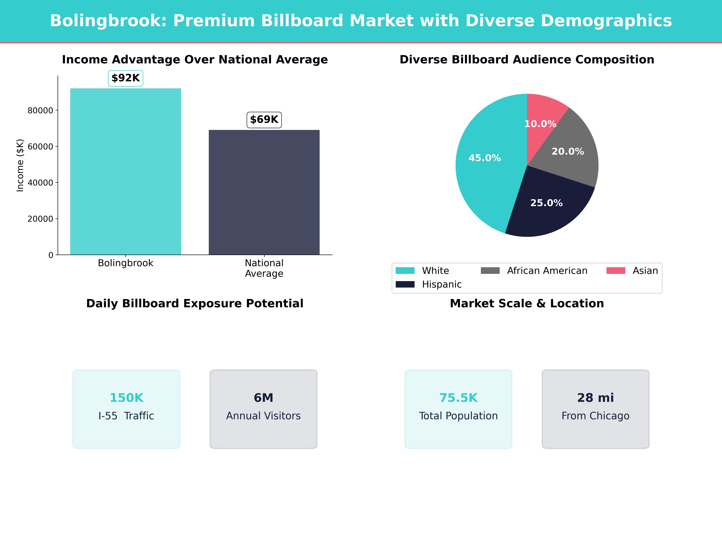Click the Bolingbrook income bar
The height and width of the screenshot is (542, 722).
[x=126, y=171]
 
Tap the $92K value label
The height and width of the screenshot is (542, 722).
[x=126, y=78]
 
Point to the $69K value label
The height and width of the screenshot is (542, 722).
[x=264, y=120]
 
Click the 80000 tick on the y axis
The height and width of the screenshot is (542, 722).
[x=40, y=110]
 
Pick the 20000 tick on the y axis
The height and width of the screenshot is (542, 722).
[x=40, y=219]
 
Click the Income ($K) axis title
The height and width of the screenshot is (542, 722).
[x=20, y=165]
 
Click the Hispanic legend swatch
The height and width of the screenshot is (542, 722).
[x=405, y=284]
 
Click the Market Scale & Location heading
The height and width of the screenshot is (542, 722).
[x=527, y=304]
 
